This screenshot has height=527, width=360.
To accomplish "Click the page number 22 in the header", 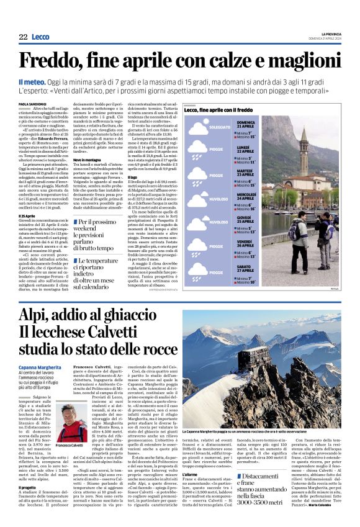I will pyautogui.click(x=23, y=37).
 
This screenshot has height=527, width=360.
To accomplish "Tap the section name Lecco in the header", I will pyautogui.click(x=40, y=37).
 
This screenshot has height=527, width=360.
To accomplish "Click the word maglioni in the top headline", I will pyautogui.click(x=297, y=60).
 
